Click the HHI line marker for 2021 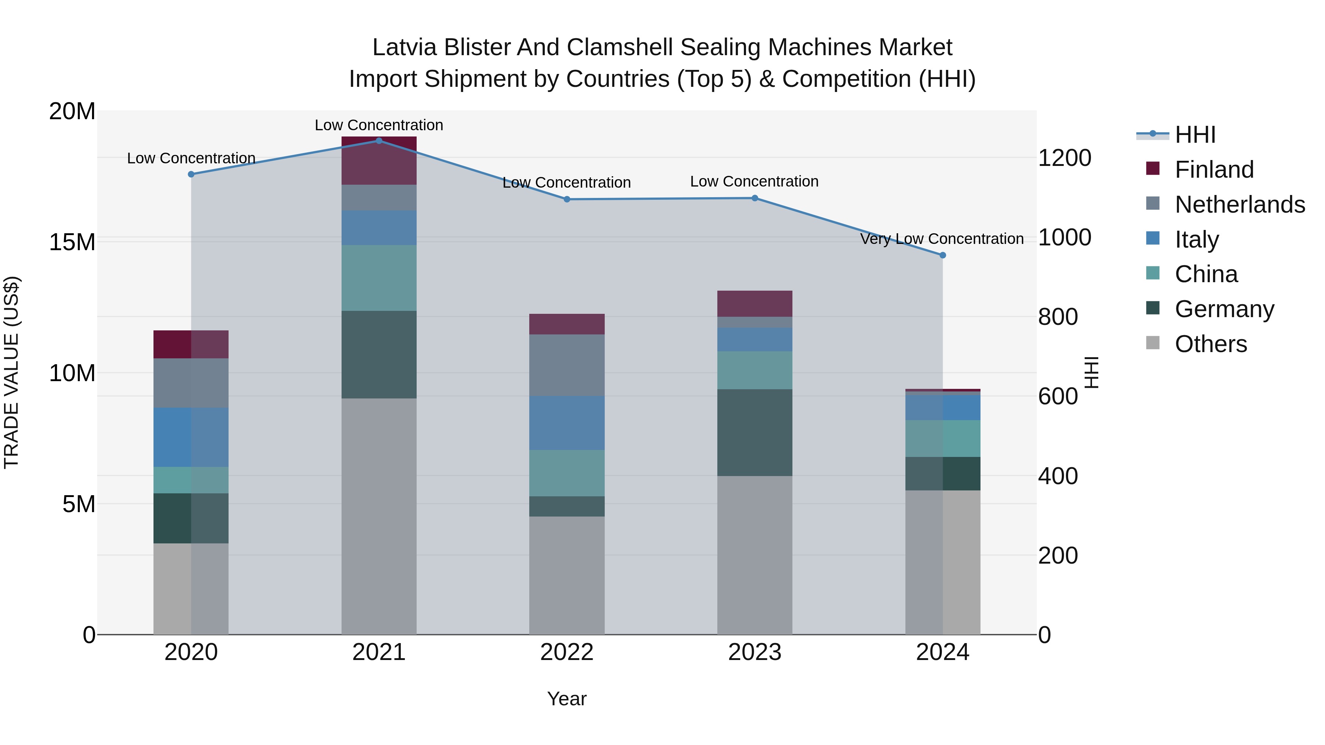click(x=379, y=141)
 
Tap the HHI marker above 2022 click(x=567, y=199)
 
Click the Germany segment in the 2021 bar click(x=379, y=354)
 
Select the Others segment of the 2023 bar click(x=755, y=555)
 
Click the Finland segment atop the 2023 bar click(x=755, y=304)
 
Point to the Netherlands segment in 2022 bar click(x=567, y=365)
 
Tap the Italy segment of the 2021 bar click(x=379, y=227)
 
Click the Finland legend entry click(x=1214, y=170)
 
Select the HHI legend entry click(x=1195, y=135)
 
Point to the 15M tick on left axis click(x=72, y=242)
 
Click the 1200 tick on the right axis click(x=1064, y=158)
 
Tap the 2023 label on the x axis click(x=755, y=652)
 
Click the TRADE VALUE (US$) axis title click(x=12, y=372)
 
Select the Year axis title click(x=566, y=699)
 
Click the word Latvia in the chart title click(x=405, y=47)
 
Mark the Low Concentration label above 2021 click(x=379, y=125)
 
